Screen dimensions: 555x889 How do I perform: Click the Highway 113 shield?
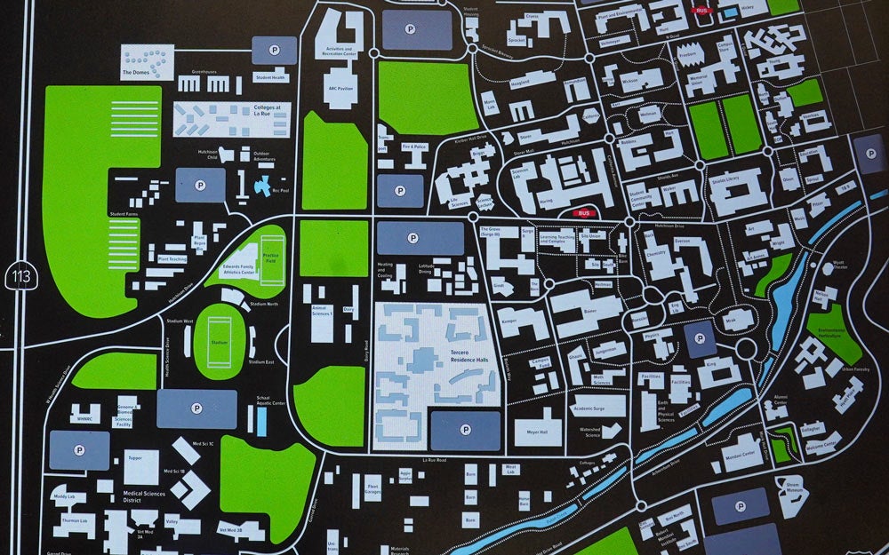(22, 275)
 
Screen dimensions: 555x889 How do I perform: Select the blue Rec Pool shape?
(265, 186)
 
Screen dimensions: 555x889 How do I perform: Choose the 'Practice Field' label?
(270, 258)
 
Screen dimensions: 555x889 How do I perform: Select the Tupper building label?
(135, 459)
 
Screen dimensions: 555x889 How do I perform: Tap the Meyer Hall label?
(537, 432)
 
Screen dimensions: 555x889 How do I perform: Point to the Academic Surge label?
(595, 408)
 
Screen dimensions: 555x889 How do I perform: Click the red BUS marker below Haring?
(584, 213)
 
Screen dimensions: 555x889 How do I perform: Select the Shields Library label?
(725, 179)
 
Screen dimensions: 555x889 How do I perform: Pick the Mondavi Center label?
(739, 455)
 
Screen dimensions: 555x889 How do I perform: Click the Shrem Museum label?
(793, 488)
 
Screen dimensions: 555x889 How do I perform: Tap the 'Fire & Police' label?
(415, 146)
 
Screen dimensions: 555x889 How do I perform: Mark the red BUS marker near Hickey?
(702, 10)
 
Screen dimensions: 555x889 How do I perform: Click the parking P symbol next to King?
(700, 339)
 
